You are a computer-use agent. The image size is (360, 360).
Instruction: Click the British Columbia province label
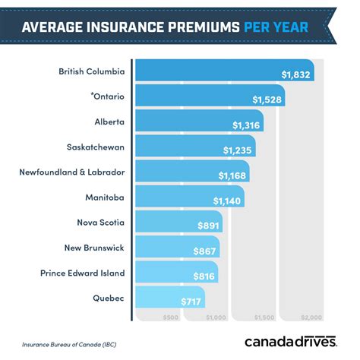(91, 72)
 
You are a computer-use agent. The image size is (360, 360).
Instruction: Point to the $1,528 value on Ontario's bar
(268, 99)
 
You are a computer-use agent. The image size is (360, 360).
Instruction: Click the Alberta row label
(109, 122)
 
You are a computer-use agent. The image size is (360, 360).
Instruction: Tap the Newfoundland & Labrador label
(72, 172)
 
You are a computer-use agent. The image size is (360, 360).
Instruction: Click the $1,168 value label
(233, 175)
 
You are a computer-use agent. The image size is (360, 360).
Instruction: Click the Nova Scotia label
(101, 223)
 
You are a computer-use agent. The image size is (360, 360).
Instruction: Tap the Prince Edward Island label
(83, 273)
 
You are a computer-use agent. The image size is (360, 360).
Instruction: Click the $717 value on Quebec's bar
(189, 300)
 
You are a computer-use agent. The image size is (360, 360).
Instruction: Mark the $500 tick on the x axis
(171, 317)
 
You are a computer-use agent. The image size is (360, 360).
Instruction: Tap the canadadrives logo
(290, 340)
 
